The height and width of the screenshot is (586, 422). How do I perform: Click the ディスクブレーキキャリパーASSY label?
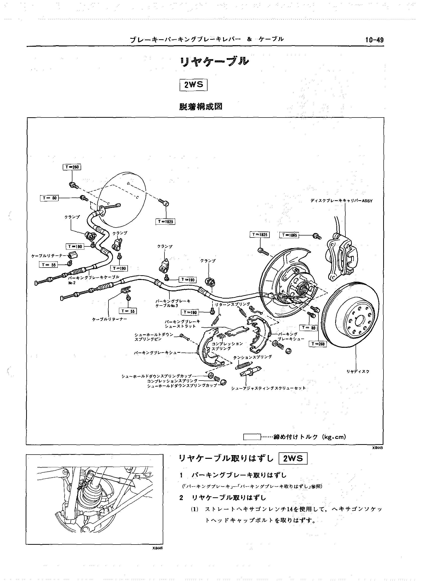click(x=341, y=201)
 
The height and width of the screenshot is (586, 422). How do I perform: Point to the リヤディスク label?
click(x=358, y=372)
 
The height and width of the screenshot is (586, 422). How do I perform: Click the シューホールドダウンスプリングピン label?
click(x=154, y=337)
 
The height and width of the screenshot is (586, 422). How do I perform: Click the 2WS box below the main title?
click(x=194, y=85)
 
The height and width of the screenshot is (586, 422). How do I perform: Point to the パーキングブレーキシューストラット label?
click(x=182, y=324)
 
